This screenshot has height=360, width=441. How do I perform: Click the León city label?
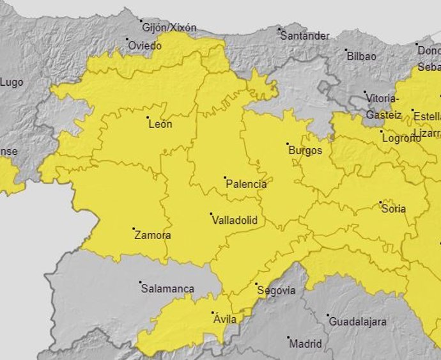[160, 124]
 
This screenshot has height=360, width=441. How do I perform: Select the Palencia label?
[246, 184]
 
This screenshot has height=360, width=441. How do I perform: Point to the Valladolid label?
[234, 220]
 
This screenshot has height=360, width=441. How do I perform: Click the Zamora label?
[153, 235]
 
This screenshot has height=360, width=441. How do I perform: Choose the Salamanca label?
[167, 289]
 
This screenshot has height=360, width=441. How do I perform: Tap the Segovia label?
[276, 290]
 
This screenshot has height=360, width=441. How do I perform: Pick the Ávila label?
[225, 319]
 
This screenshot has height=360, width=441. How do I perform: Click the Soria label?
[393, 208]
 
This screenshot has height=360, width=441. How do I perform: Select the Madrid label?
[306, 344]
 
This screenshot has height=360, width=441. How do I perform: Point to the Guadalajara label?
[359, 322]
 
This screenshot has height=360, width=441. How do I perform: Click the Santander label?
[305, 36]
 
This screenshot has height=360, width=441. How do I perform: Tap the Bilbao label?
[361, 56]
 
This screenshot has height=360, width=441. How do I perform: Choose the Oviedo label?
[145, 46]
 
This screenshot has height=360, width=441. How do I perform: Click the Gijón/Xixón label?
[169, 27]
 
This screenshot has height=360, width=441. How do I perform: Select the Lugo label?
[12, 82]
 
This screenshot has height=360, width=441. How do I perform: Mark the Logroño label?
[400, 137]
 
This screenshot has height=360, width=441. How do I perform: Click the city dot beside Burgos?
[288, 144]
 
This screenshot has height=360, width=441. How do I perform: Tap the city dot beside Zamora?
[134, 228]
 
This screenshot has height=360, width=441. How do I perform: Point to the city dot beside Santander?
[279, 29]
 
